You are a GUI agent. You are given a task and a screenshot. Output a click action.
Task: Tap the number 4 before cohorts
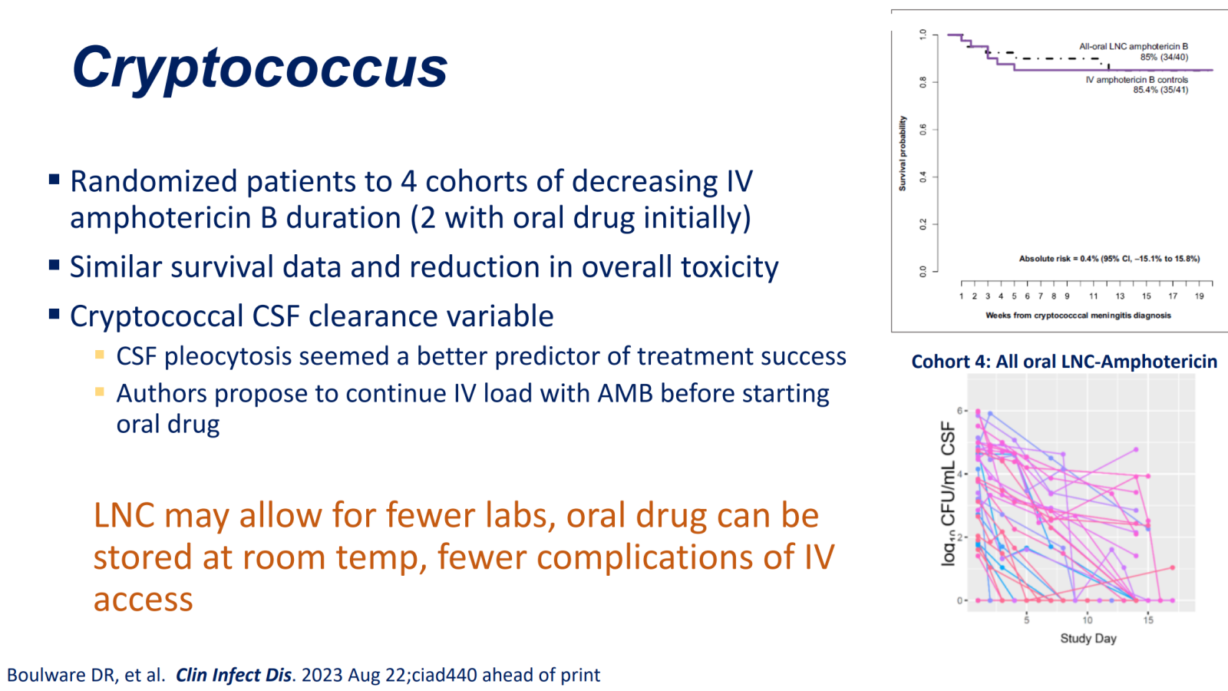coord(408,181)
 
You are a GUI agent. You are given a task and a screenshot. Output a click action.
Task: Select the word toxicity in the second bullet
coord(730,268)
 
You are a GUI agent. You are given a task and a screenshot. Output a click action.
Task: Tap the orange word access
coord(143,600)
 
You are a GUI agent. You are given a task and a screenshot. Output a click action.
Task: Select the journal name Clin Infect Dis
coord(233,675)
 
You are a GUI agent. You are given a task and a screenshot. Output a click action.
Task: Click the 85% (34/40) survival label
coord(1164,57)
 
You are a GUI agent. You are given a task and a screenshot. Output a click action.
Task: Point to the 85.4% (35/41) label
coord(1161,89)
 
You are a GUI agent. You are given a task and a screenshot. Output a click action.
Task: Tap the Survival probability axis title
coord(903,154)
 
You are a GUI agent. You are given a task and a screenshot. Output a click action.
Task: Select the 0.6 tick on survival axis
coord(923,130)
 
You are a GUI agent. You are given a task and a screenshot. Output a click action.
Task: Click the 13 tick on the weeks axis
coord(1120,296)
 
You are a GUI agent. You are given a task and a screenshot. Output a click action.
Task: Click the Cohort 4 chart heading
coord(1064,362)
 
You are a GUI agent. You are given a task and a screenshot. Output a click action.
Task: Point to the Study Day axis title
coord(1088,638)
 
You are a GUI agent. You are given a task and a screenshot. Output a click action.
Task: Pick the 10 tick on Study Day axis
coord(1087,620)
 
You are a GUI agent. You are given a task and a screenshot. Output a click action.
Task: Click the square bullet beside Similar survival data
coord(54,266)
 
